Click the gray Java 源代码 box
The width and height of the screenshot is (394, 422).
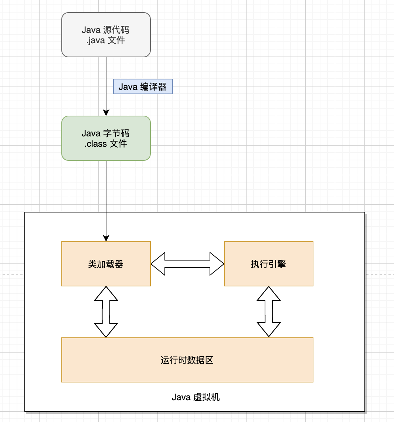pos(106,35)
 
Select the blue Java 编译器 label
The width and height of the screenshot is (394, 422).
pos(143,87)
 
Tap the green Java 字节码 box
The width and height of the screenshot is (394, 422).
pos(106,138)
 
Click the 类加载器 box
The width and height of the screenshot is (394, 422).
pos(106,264)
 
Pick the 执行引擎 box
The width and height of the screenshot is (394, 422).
pos(269,264)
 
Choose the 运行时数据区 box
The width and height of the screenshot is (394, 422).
pos(187,360)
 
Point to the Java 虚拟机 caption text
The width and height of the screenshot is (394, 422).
pos(196,397)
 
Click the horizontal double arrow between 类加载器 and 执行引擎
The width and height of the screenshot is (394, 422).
pos(187,264)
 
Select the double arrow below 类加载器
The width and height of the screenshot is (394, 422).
pos(106,312)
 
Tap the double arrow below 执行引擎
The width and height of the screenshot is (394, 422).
pos(269,312)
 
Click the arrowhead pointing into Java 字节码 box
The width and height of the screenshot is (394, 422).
pos(106,113)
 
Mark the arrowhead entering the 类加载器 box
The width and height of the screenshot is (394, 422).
pos(106,238)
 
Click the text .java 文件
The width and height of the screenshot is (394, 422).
pos(106,40)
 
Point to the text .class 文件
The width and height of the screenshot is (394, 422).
pos(106,143)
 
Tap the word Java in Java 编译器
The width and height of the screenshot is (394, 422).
pos(128,87)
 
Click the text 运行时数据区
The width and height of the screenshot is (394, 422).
pos(187,360)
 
